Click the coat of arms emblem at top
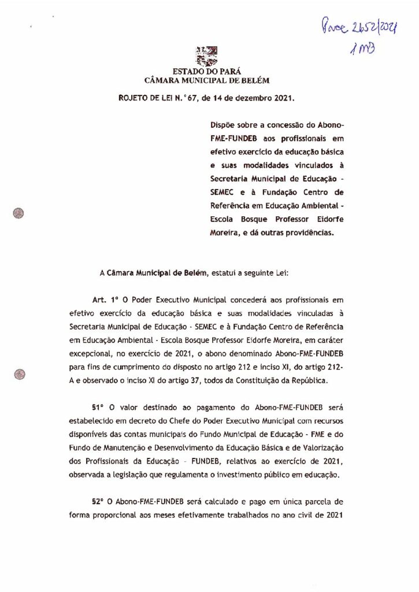pos(207,56)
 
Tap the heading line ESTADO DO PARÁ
pos(206,72)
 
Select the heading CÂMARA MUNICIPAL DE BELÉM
pos(206,81)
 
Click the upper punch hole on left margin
pos(20,213)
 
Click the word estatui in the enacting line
pos(227,272)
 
